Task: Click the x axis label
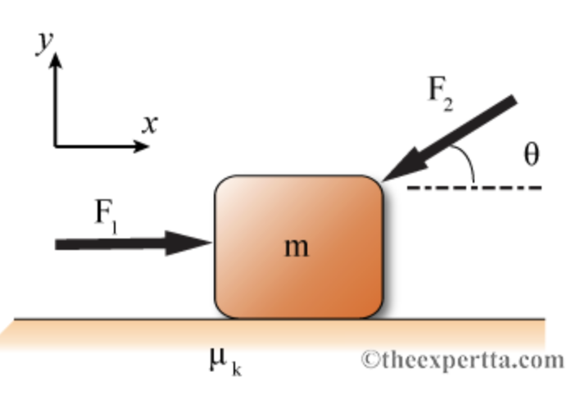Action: pyautogui.click(x=148, y=125)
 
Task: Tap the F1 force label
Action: pyautogui.click(x=106, y=215)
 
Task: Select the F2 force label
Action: pyautogui.click(x=441, y=91)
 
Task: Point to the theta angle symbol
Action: pyautogui.click(x=531, y=154)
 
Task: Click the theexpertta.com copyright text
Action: pyautogui.click(x=464, y=359)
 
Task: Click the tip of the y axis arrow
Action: pyautogui.click(x=56, y=56)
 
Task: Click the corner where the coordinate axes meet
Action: pyautogui.click(x=56, y=147)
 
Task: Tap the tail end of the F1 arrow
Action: pyautogui.click(x=57, y=244)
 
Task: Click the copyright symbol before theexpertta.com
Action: pyautogui.click(x=371, y=360)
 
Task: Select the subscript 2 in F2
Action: pyautogui.click(x=448, y=102)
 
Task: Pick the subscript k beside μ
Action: pyautogui.click(x=236, y=369)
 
